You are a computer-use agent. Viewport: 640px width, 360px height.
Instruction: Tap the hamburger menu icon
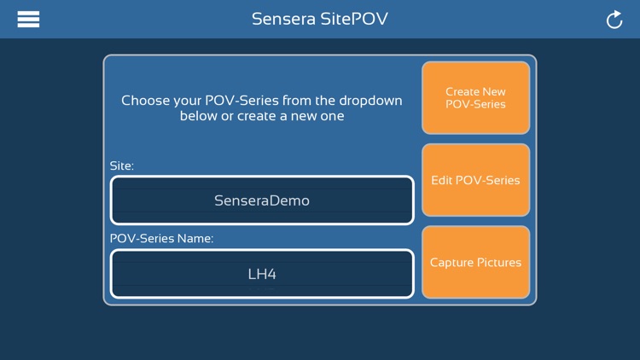point(28,19)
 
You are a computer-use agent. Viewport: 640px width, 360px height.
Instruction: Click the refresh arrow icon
point(614,20)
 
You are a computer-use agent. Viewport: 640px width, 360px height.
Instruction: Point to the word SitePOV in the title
point(353,19)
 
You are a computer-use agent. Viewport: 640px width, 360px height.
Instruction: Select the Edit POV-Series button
point(475,180)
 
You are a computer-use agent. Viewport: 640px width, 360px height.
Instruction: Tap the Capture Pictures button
point(475,263)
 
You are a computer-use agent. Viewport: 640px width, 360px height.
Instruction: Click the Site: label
point(122,165)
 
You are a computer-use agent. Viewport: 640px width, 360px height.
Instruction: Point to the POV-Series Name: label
point(161,239)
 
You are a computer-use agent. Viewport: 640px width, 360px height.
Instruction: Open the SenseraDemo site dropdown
point(262,201)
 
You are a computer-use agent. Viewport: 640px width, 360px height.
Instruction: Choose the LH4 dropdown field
point(262,275)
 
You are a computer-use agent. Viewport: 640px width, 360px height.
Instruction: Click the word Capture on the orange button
point(451,263)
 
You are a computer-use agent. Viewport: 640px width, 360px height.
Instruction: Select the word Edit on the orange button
point(441,180)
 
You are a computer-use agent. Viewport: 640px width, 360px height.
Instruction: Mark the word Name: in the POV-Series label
point(196,239)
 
